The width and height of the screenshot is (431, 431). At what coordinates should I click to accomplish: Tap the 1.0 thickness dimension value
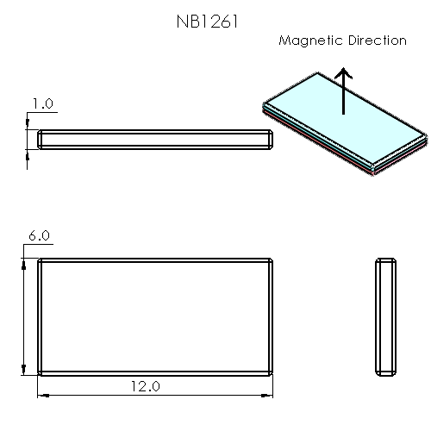click(42, 103)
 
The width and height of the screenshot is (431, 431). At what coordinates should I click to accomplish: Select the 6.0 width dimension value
click(39, 235)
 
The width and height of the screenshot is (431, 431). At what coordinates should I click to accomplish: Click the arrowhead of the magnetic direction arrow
click(344, 74)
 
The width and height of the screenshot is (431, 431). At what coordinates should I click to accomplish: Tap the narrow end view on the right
click(386, 316)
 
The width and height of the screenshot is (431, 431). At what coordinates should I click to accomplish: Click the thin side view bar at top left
click(155, 139)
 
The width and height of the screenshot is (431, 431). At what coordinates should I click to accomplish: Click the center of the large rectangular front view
click(155, 316)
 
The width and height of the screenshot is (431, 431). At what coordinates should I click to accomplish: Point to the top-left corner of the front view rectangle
click(38, 259)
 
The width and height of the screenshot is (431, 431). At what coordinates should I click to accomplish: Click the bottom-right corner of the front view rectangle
click(273, 375)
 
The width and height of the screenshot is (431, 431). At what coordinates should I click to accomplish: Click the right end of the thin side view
click(271, 139)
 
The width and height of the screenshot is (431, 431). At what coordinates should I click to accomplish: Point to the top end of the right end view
click(386, 260)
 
